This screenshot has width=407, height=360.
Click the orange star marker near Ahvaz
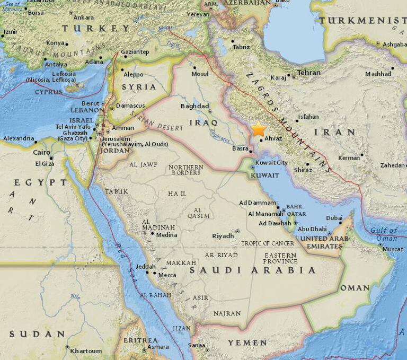(259, 129)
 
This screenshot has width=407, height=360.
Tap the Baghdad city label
(195, 106)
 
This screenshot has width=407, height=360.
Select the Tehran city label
(309, 73)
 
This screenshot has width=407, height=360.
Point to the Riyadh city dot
(237, 231)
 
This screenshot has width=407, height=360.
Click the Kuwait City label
(271, 163)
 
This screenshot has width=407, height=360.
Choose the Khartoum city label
(86, 351)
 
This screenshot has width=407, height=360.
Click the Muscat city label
(393, 249)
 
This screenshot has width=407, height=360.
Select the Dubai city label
(334, 218)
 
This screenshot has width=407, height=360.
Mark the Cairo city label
(41, 152)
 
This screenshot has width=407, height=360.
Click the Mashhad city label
(378, 74)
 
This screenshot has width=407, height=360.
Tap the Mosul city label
(200, 74)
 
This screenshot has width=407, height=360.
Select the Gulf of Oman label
(384, 234)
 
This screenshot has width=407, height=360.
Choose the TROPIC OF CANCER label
(268, 243)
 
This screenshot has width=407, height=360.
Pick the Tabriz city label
(241, 47)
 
